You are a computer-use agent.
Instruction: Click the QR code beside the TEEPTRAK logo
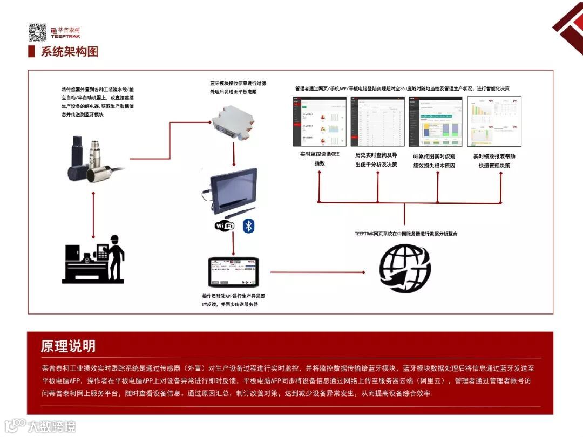click(37, 32)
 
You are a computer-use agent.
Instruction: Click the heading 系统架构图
click(70, 52)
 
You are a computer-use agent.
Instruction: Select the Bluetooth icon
click(248, 226)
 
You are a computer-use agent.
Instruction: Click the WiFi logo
click(225, 226)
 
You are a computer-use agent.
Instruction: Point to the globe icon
click(405, 268)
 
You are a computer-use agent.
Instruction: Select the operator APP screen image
click(234, 272)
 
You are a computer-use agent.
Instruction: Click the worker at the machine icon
click(94, 258)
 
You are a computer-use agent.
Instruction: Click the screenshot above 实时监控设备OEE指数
click(320, 121)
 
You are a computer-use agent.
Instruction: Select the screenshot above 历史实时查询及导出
click(377, 121)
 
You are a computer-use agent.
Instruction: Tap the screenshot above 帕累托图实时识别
click(436, 121)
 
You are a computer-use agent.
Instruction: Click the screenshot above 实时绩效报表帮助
click(494, 121)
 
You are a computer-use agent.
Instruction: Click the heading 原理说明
click(69, 346)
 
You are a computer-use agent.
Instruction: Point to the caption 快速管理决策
click(494, 166)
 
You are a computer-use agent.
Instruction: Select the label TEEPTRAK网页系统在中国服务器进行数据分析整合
click(406, 234)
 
